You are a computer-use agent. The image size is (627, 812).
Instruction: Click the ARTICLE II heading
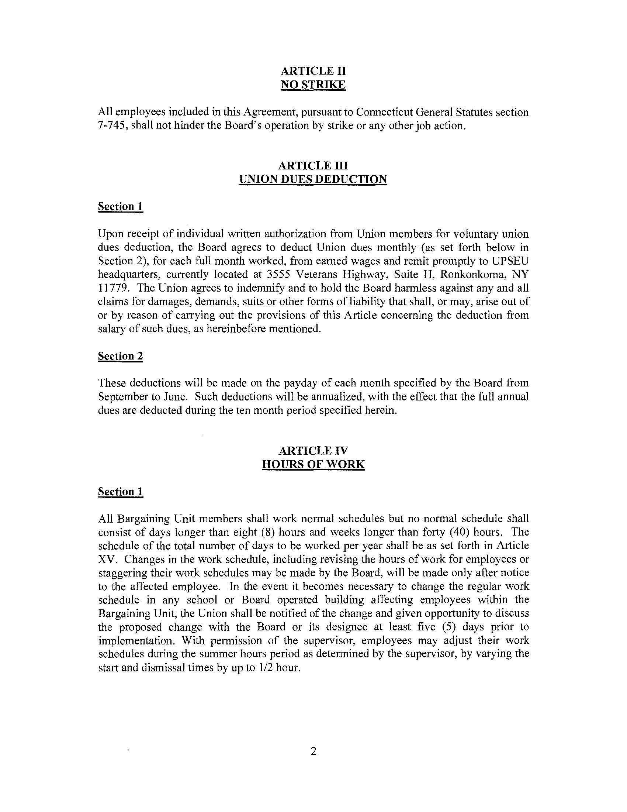pos(313,70)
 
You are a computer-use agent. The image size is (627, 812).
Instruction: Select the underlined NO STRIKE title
pos(313,85)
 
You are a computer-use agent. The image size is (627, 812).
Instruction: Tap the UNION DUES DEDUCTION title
pos(313,179)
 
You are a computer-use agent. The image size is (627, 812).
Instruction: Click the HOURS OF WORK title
pos(313,464)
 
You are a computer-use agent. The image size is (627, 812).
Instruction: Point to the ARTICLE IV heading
pos(313,451)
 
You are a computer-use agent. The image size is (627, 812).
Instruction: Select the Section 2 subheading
pos(120,356)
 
